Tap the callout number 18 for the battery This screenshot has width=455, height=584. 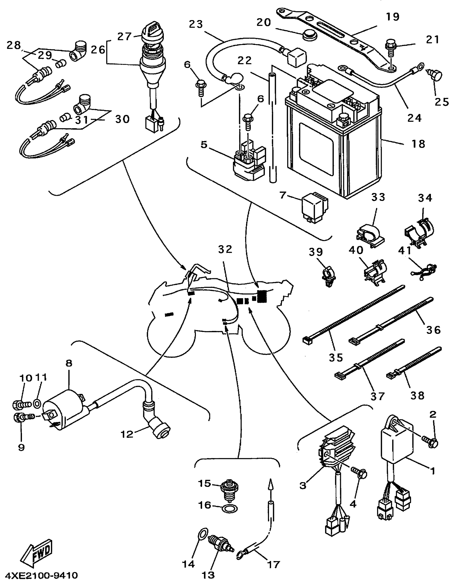(419, 144)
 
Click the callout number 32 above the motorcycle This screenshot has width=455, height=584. (225, 249)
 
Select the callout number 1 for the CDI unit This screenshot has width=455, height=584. (433, 471)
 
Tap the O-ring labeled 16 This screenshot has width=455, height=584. (230, 509)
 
